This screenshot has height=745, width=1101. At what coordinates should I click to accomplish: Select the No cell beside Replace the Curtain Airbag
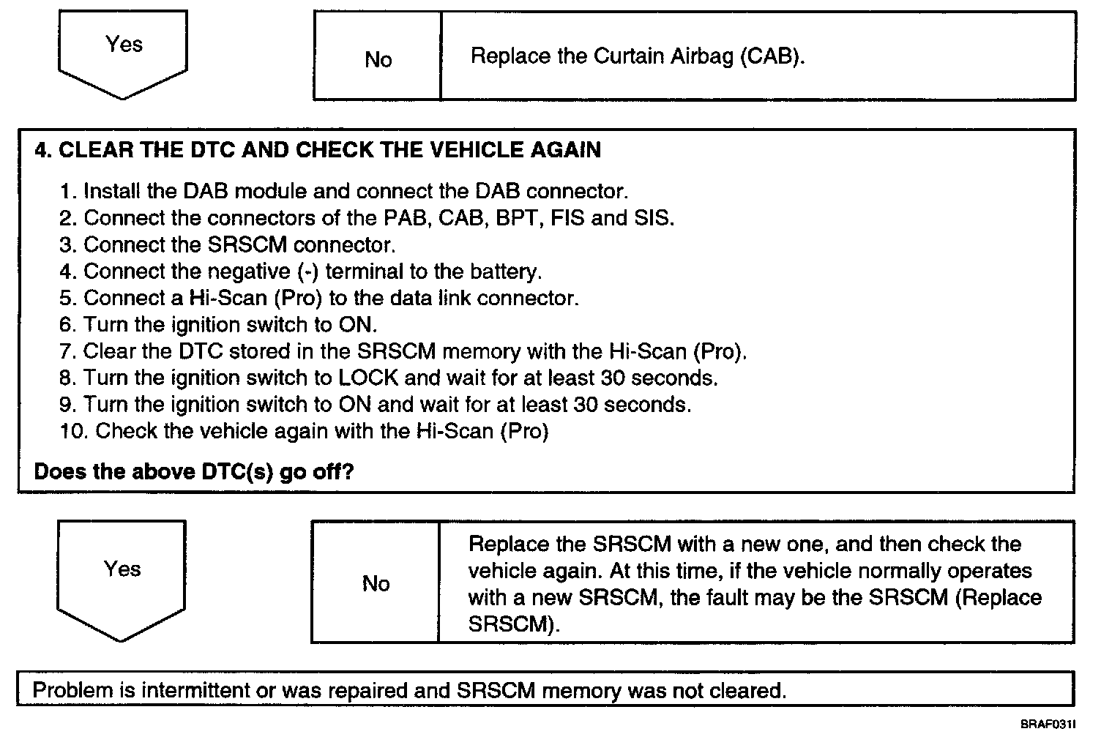click(378, 59)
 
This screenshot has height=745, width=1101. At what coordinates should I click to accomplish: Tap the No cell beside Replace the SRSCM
click(376, 583)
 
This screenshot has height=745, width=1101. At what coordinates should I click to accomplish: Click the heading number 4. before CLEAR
click(43, 150)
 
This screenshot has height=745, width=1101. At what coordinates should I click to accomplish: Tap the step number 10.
click(74, 431)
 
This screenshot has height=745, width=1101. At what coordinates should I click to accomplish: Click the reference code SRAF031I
click(1048, 725)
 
